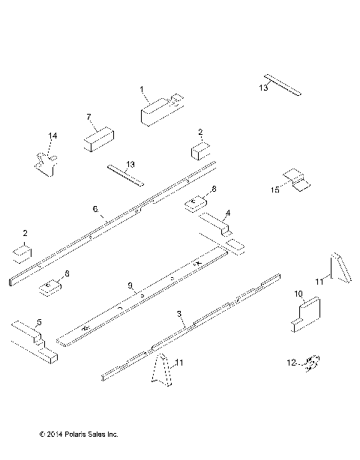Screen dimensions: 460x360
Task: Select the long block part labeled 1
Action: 160,109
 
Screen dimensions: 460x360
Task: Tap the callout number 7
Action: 88,117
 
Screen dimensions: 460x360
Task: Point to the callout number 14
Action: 52,136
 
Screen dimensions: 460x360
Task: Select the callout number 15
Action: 274,191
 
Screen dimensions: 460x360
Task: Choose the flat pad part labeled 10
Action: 306,313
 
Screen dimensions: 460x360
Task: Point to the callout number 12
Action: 290,364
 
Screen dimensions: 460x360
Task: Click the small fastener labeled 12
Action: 313,364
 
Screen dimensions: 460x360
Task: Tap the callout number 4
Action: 228,213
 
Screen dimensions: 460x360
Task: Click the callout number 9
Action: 130,285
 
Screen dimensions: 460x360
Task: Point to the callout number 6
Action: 94,208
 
